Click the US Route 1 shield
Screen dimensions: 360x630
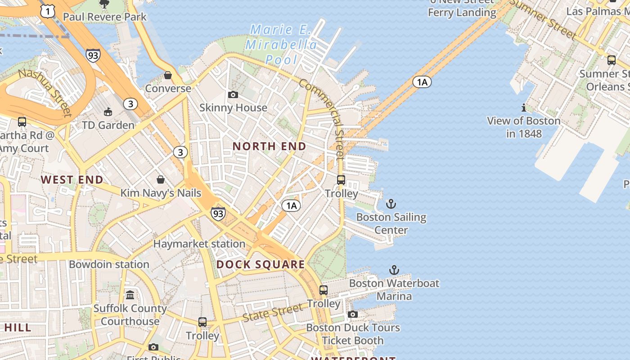point(48,12)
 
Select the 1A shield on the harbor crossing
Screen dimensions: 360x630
point(422,82)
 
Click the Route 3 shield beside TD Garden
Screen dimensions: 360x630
point(130,104)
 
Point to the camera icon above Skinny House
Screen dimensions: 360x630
point(233,94)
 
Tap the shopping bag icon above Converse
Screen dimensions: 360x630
point(168,75)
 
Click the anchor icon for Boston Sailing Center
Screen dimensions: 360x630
point(391,204)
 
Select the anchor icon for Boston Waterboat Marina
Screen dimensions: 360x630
point(394,270)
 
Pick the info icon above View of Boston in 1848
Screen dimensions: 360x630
point(523,108)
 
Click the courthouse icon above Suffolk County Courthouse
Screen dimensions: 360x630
point(130,295)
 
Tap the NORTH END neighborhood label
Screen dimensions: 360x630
point(269,146)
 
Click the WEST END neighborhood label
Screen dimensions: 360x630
point(72,180)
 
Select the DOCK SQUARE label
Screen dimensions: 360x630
point(261,265)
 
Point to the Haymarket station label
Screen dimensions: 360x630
point(199,244)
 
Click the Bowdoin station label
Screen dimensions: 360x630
point(109,264)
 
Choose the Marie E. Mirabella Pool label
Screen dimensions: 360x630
point(282,45)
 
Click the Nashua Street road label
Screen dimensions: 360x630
point(45,92)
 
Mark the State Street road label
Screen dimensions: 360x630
point(273,312)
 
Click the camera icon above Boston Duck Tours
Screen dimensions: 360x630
point(353,314)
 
